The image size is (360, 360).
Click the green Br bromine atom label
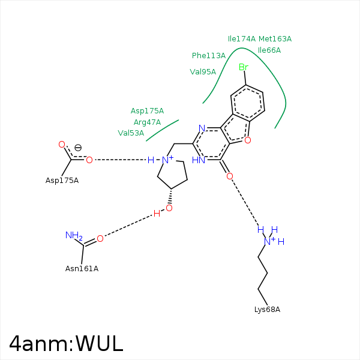[243, 67]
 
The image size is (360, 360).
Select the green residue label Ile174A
[241, 39]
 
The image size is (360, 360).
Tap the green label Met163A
[275, 39]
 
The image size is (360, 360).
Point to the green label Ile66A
[269, 50]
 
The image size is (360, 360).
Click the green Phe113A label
[209, 56]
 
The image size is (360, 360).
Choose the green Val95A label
[203, 72]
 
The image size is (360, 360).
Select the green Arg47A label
[147, 122]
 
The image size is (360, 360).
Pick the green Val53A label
[131, 133]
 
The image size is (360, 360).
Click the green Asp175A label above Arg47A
[147, 111]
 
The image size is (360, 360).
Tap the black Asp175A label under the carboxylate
[62, 181]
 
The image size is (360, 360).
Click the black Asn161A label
[82, 269]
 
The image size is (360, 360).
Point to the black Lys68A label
[267, 310]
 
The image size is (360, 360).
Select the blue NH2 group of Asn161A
[73, 236]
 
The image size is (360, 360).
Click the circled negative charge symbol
[78, 147]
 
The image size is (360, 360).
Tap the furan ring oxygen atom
[247, 140]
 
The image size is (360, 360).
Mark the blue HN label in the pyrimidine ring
[199, 160]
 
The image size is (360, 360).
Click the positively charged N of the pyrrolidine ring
[168, 160]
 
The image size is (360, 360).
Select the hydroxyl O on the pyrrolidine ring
[169, 208]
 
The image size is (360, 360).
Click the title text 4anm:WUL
[66, 343]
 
